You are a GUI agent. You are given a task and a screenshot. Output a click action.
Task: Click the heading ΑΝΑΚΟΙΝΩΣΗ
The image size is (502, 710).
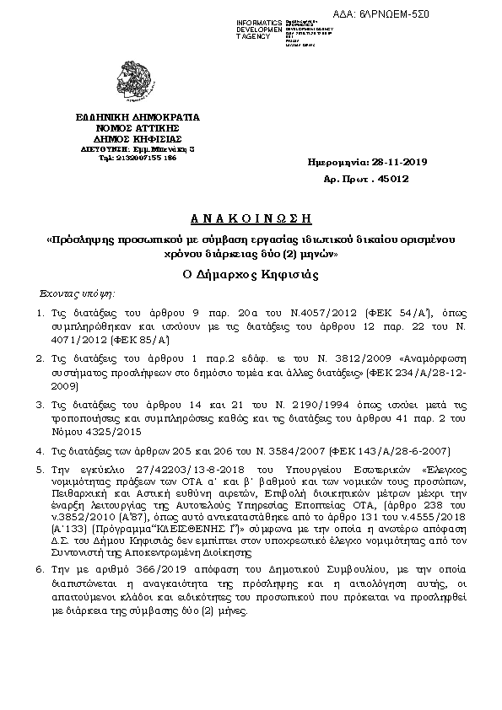(250, 218)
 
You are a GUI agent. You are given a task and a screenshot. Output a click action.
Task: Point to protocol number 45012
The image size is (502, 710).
(392, 179)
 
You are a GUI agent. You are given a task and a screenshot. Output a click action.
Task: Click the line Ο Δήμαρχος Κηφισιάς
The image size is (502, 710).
(250, 274)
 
